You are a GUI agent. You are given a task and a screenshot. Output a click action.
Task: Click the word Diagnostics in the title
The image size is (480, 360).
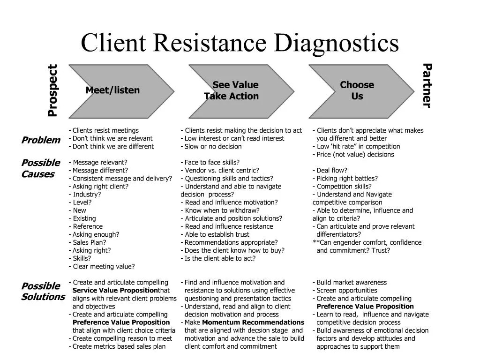(336, 43)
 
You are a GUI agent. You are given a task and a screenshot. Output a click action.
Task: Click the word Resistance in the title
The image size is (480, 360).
(210, 43)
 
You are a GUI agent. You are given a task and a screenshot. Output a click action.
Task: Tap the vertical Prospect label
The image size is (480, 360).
(52, 90)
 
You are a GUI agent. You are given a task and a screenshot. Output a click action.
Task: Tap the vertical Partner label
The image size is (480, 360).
(426, 85)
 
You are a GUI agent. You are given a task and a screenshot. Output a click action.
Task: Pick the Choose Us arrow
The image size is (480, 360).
(357, 91)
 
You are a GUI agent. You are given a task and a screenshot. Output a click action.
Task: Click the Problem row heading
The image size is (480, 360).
(41, 140)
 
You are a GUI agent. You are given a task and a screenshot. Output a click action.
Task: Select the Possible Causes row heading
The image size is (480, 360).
(41, 169)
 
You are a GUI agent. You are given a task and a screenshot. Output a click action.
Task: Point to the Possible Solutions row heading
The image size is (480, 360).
(43, 292)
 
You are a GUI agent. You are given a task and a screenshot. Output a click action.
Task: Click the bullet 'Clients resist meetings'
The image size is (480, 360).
(105, 131)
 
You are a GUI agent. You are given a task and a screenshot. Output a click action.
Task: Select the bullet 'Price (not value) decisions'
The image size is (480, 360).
(355, 155)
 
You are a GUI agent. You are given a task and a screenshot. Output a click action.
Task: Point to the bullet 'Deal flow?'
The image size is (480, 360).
(331, 171)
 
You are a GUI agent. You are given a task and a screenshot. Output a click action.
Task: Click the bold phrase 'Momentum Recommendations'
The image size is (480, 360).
(253, 322)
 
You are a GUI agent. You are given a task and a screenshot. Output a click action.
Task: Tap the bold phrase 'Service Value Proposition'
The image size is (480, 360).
(115, 291)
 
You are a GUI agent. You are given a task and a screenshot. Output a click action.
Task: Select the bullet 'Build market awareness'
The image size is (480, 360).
(351, 283)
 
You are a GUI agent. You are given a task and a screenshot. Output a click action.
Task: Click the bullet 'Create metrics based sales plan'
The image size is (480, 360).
(119, 346)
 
